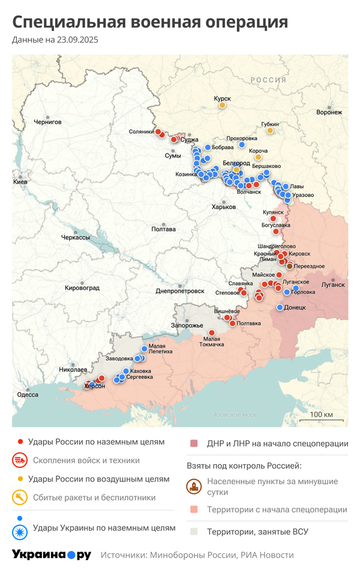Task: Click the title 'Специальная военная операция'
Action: (150, 22)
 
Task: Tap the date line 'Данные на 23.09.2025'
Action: (55, 40)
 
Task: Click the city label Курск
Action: (223, 99)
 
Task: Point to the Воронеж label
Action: (329, 112)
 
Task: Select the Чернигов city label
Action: (47, 122)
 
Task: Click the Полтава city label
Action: (163, 229)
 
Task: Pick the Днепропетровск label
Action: (180, 291)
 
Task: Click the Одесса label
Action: (28, 395)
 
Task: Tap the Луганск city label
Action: (333, 285)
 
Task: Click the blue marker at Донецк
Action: (280, 308)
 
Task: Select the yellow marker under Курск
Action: (222, 106)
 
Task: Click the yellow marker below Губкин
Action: (270, 131)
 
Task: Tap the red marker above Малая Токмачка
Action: (211, 333)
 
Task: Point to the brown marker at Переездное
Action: (290, 266)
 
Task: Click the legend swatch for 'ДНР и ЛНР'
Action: (194, 444)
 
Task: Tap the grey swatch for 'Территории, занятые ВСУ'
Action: (194, 531)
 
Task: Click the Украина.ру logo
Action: (52, 555)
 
